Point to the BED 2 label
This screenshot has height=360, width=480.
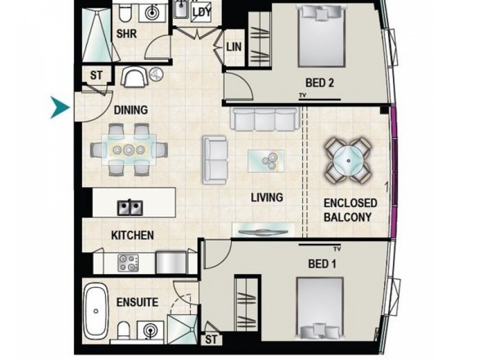[319, 83]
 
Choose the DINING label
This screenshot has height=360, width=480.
[131, 110]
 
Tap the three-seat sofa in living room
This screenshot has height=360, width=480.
[265, 119]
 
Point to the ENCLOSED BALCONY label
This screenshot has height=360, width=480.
[350, 209]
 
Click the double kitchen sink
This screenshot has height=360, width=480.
[130, 208]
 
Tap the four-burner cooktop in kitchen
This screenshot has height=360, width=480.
[128, 262]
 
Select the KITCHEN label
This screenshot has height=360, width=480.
[133, 236]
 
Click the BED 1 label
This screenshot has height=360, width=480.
[319, 264]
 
